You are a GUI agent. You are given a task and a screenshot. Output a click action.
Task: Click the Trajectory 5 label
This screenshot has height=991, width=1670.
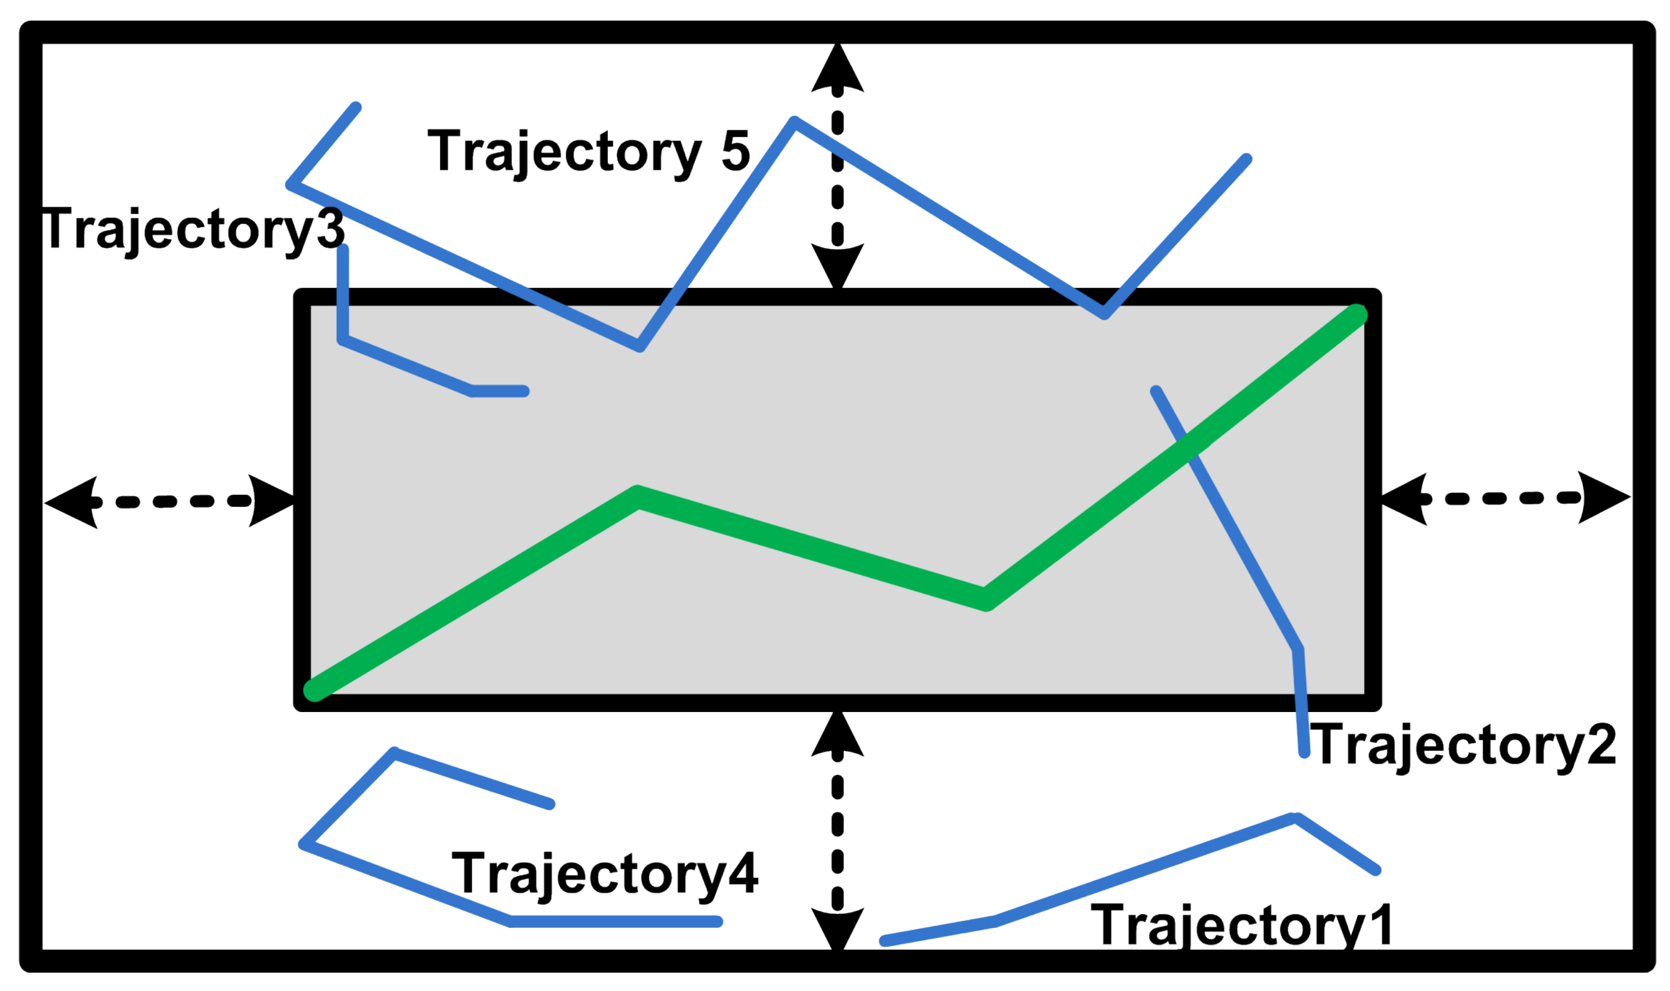[588, 152]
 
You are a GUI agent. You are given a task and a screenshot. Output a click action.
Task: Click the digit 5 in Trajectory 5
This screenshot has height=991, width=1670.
[735, 151]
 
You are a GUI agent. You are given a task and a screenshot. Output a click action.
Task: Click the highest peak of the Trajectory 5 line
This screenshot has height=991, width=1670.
[794, 121]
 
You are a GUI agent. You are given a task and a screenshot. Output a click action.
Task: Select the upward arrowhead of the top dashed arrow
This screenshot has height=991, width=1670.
[837, 67]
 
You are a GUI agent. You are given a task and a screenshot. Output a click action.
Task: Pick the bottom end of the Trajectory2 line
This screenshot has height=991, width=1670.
[1304, 753]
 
